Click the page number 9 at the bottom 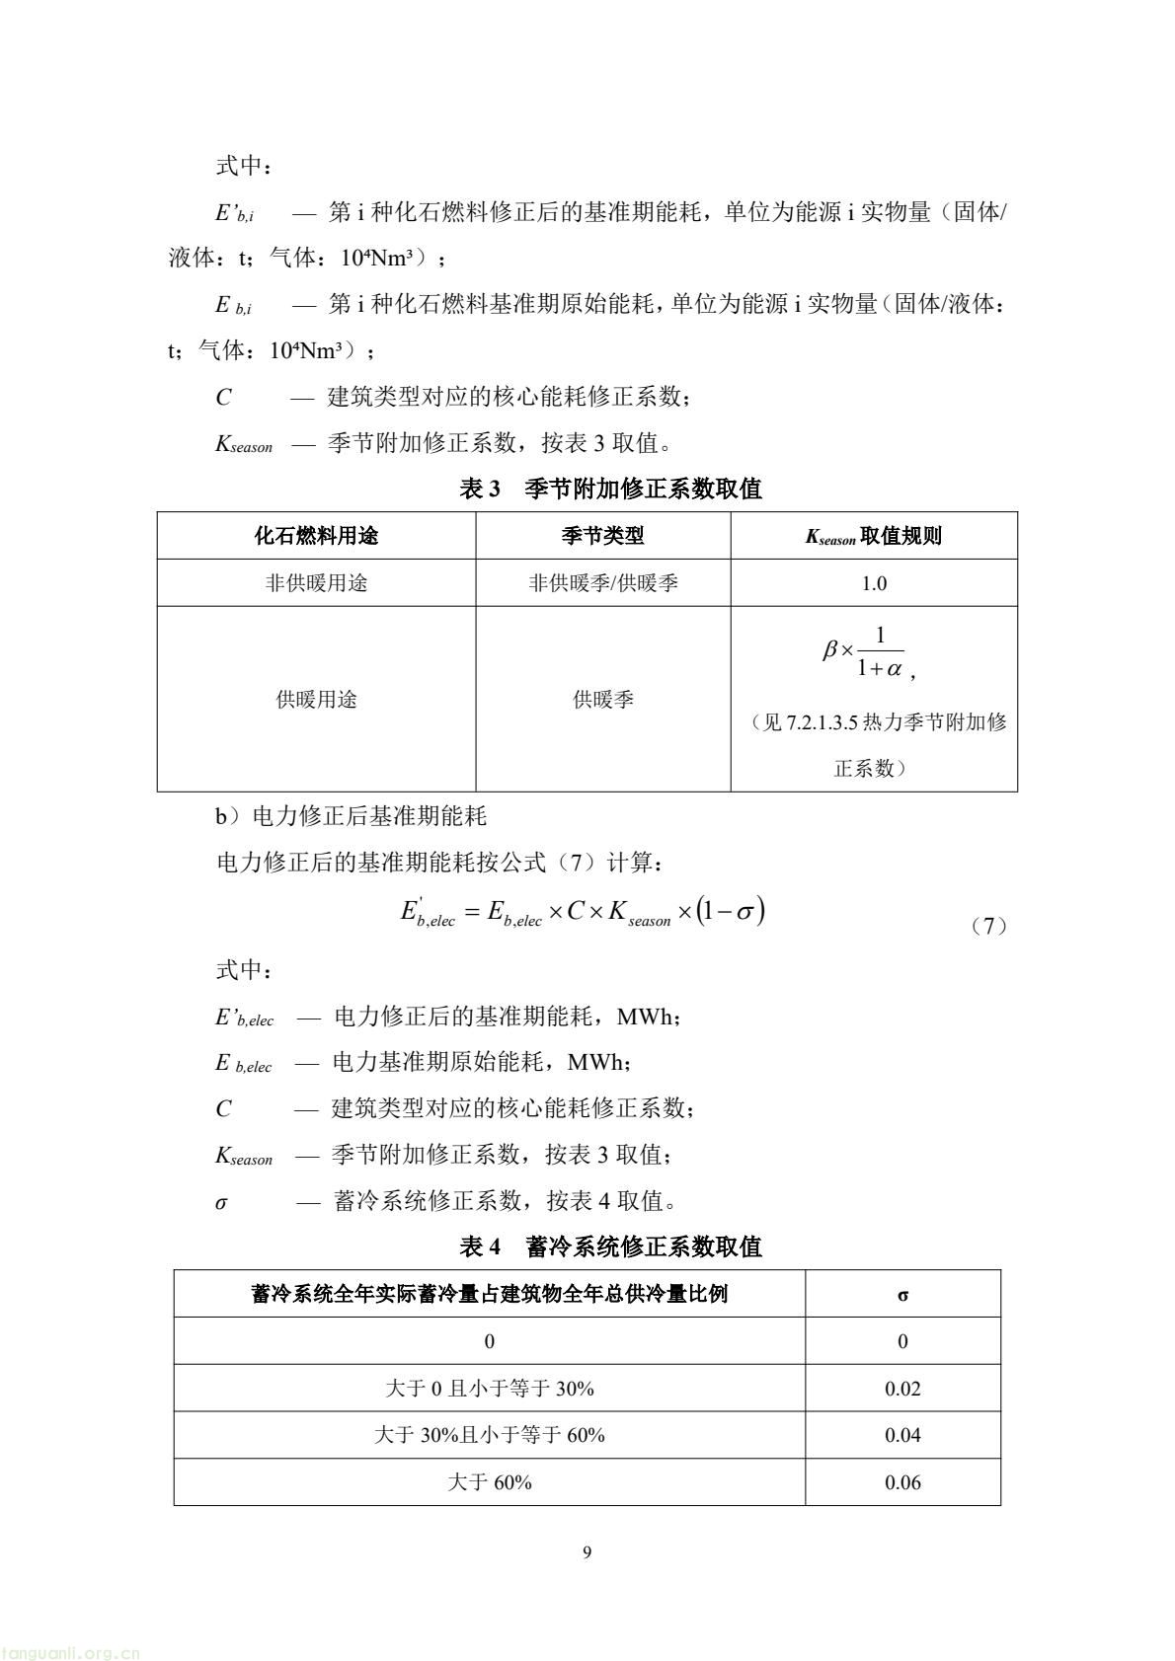pos(587,1552)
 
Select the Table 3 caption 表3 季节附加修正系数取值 pos(610,489)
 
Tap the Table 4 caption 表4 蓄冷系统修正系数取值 pos(610,1246)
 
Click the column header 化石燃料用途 pos(316,536)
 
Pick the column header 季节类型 pos(602,536)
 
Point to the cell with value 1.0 pos(874,583)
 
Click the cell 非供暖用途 pos(316,583)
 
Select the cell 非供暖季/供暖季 pos(602,583)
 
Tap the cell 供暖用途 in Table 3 pos(316,700)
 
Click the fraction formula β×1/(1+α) pos(865,653)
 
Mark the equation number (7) pos(987,926)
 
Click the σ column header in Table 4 pos(902,1295)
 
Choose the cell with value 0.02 pos(902,1389)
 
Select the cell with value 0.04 pos(902,1435)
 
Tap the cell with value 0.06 pos(902,1482)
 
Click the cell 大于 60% pos(490,1482)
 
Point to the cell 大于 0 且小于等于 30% pos(490,1389)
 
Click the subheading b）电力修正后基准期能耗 pos(352,817)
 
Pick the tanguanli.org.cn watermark pos(71,1652)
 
